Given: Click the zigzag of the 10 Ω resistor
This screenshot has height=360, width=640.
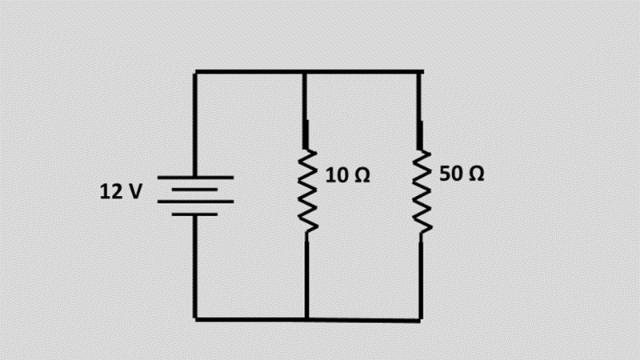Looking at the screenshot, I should (x=306, y=192).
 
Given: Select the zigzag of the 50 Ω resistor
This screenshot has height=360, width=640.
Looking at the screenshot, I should (x=421, y=192).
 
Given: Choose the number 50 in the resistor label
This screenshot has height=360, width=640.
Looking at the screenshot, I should (x=450, y=174).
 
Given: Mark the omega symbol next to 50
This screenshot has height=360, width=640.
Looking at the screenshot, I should (x=474, y=174).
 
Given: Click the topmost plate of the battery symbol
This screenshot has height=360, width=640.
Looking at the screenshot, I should (x=195, y=178).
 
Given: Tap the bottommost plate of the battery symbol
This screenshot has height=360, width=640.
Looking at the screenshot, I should (x=195, y=214).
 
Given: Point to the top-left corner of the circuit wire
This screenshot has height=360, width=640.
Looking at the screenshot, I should (x=195, y=72).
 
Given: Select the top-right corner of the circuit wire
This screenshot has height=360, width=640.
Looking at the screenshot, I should (x=421, y=72).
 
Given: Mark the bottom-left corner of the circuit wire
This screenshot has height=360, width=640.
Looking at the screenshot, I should (x=195, y=319).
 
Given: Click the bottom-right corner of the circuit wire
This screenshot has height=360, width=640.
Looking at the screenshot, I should (x=421, y=320).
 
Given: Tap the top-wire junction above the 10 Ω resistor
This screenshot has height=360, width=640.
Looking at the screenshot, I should (x=306, y=72).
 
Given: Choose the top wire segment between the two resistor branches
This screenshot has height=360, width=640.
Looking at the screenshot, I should (x=364, y=72).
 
